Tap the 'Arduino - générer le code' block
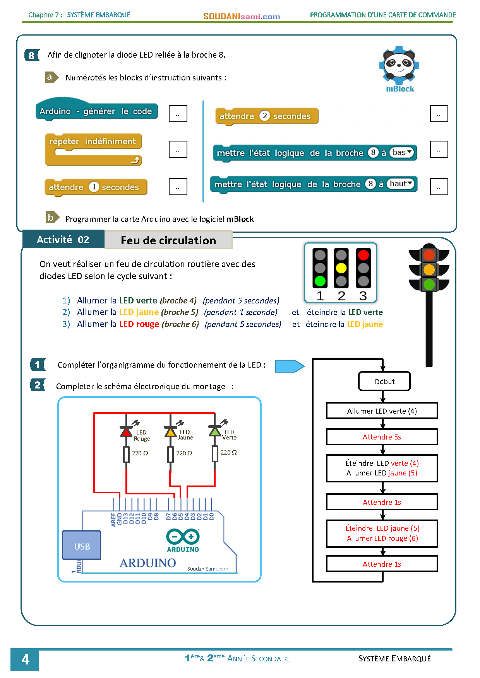point(96,111)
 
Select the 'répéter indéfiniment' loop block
point(93,149)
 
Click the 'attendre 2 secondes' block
point(267,116)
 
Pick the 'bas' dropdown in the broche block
point(401,152)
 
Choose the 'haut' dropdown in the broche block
point(401,184)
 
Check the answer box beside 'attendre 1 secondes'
point(178,187)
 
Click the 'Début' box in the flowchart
point(384,382)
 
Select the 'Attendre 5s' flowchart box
point(382,437)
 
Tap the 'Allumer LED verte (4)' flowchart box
point(382,411)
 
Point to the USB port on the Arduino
point(82,545)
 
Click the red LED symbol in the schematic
point(126,431)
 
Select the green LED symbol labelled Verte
point(215,431)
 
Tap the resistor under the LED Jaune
point(170,454)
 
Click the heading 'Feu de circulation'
point(168,240)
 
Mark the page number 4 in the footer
point(25,659)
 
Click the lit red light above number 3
point(363,255)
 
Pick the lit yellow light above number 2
point(341,268)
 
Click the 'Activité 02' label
point(63,240)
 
